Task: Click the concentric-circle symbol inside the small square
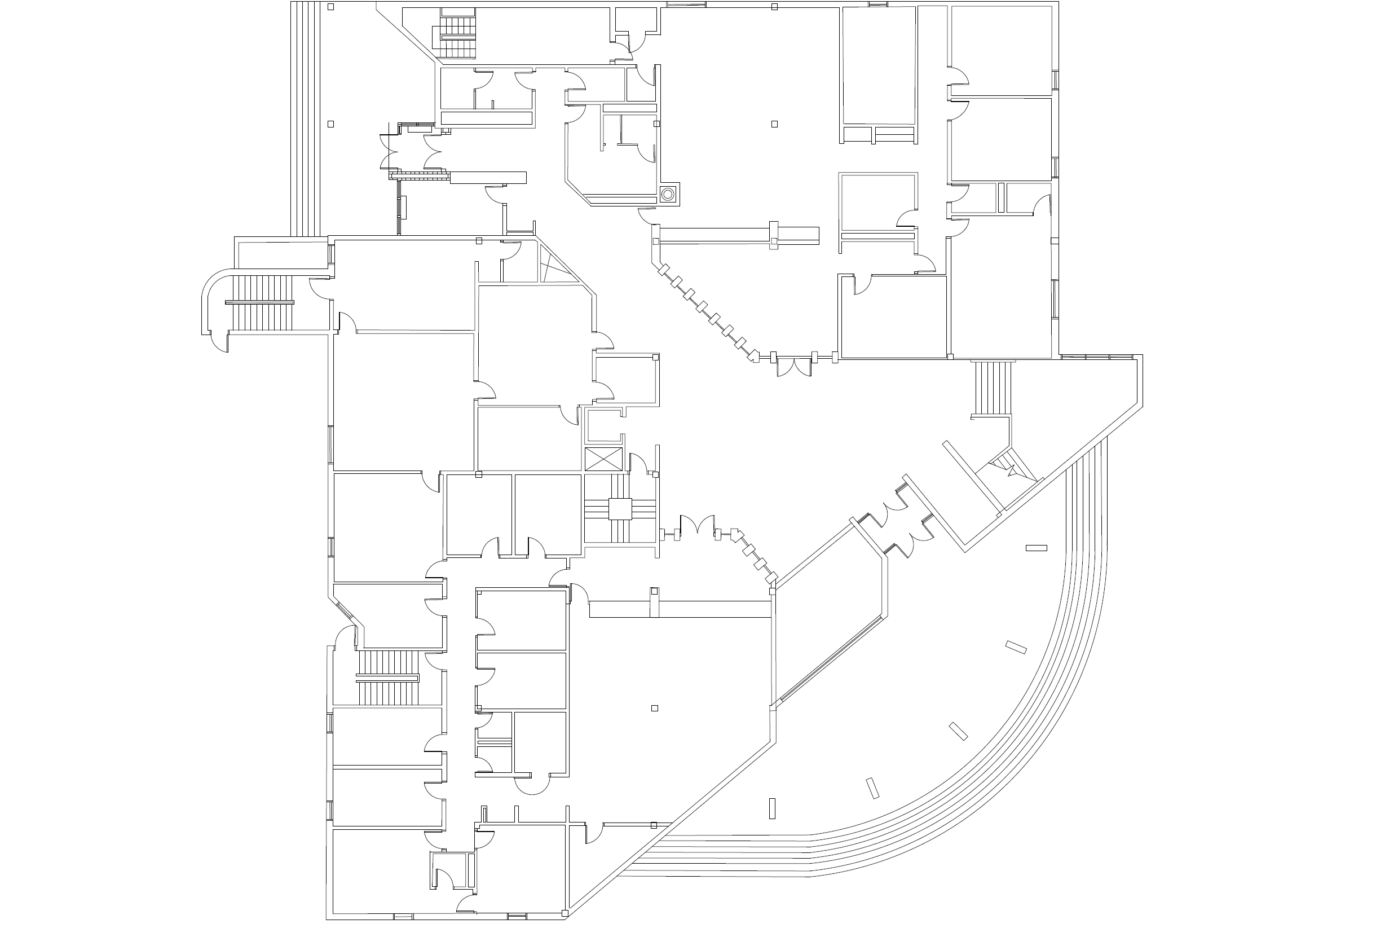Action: [x=668, y=193]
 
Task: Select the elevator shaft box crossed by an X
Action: [x=603, y=459]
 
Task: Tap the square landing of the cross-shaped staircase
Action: [x=620, y=509]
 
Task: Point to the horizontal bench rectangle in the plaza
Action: [x=1036, y=548]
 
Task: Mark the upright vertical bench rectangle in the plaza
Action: [x=772, y=808]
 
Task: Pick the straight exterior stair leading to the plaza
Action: [x=992, y=388]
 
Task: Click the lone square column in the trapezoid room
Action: [x=654, y=709]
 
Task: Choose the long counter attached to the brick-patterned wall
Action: [x=488, y=178]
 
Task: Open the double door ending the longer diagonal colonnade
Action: [x=793, y=367]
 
